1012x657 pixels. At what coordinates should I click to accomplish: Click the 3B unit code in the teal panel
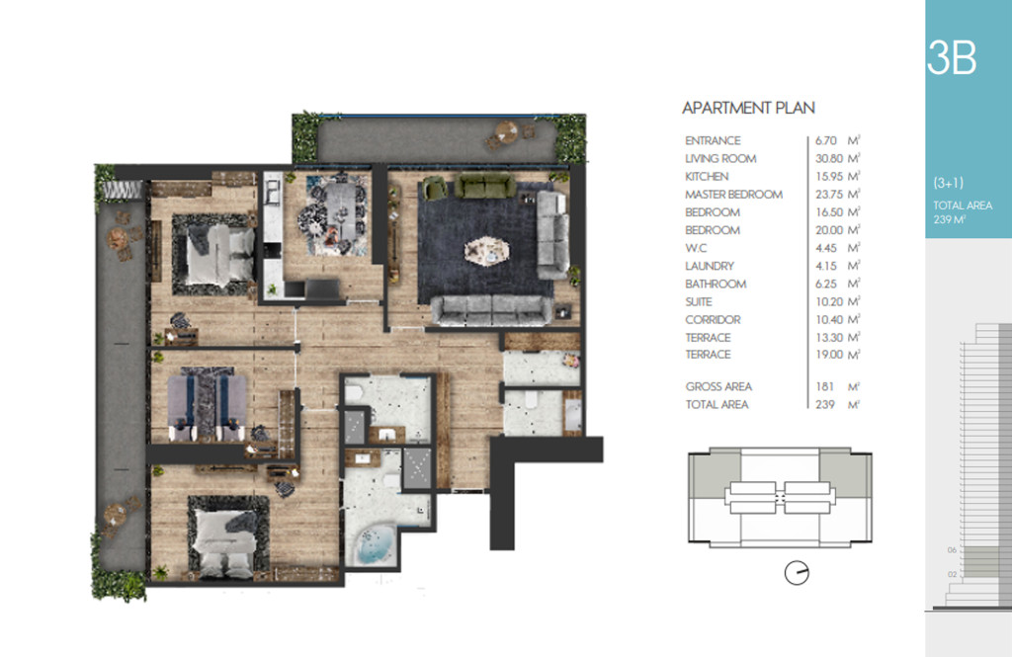952,58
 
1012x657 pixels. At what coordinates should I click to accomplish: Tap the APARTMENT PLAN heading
749,108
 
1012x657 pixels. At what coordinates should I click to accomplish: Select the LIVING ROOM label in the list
720,159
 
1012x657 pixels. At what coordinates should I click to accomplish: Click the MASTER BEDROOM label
734,195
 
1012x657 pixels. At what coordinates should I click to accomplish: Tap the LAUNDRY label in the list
710,266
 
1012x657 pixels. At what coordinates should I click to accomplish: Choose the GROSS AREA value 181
824,386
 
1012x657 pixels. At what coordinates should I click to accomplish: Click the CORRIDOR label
713,319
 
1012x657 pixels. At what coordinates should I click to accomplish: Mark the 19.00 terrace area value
829,355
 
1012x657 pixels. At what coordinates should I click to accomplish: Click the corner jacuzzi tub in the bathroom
375,545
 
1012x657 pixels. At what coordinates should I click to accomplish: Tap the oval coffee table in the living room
486,250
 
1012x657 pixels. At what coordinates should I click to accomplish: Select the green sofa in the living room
484,186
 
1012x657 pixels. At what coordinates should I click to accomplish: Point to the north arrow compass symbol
797,572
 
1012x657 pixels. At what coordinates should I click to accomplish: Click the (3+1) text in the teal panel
948,183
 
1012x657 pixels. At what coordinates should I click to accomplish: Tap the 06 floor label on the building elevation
952,550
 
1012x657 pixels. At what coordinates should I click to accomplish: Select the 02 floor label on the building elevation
952,574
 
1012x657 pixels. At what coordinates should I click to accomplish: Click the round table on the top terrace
506,133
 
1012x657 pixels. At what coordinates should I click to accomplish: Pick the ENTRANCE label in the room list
713,140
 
